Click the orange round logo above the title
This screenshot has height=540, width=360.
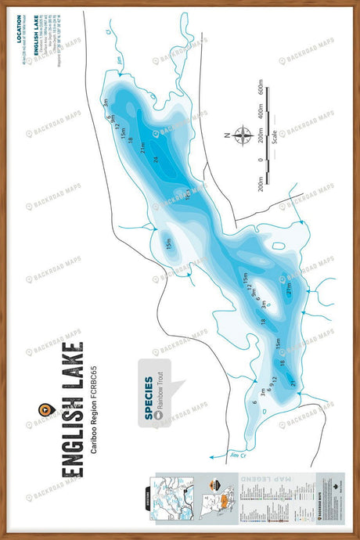45,409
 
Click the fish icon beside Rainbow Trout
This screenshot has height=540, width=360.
160,417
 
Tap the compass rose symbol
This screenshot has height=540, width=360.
239,135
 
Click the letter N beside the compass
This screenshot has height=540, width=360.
227,135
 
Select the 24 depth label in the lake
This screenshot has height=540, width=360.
156,160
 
